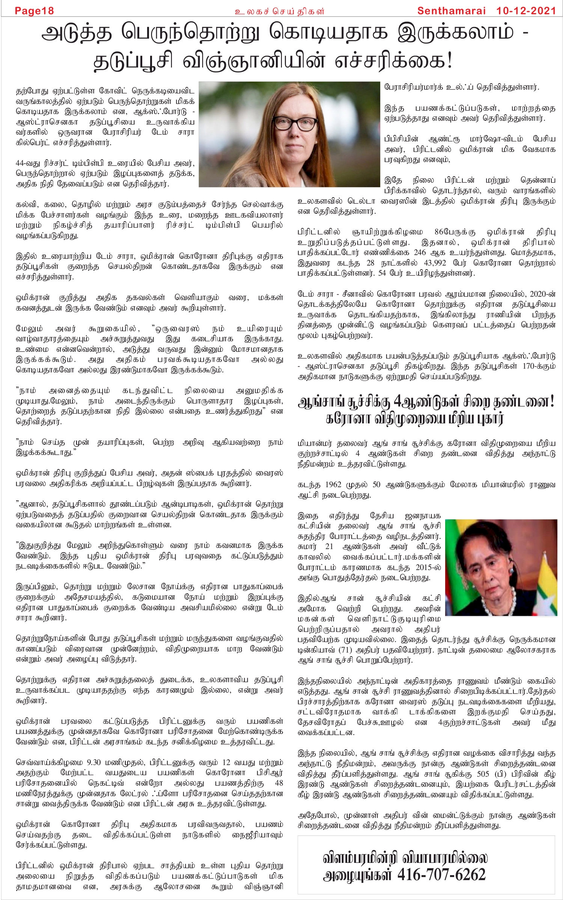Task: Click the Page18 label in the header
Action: pyautogui.click(x=34, y=11)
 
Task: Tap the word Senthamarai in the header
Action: pyautogui.click(x=452, y=10)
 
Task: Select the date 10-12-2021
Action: pyautogui.click(x=526, y=10)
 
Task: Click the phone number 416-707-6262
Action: pyautogui.click(x=441, y=874)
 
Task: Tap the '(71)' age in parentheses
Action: pyautogui.click(x=345, y=650)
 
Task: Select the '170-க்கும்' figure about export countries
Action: pyautogui.click(x=539, y=366)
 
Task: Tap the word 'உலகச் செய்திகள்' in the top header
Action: pyautogui.click(x=279, y=11)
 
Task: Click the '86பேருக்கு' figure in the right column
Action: pyautogui.click(x=455, y=232)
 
